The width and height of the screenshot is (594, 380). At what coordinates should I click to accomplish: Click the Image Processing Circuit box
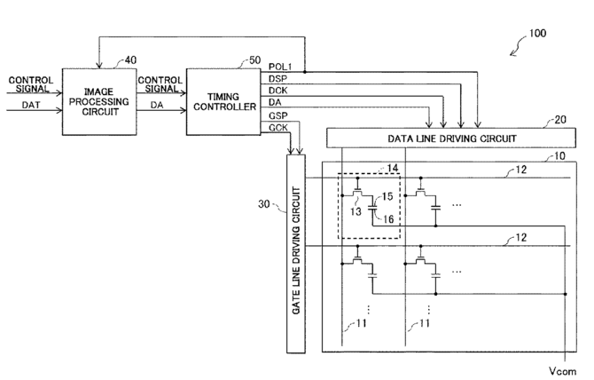point(99,101)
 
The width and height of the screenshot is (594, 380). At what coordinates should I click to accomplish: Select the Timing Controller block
point(223,101)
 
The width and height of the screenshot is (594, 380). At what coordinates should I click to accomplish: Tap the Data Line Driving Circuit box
point(451,138)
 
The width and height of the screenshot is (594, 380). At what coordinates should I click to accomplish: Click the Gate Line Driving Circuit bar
point(296,254)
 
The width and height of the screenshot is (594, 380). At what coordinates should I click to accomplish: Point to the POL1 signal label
point(280,67)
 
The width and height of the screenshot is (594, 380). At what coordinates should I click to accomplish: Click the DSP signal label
point(278,78)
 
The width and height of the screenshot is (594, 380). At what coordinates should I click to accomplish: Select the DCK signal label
point(278,91)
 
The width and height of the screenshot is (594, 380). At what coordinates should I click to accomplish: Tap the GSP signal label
point(278,115)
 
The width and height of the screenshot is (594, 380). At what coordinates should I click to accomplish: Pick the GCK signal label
point(278,128)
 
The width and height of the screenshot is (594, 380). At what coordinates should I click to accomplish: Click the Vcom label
point(563,371)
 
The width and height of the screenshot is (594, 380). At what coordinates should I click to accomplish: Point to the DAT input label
point(31,105)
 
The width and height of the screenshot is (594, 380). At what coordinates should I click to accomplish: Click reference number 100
point(537,34)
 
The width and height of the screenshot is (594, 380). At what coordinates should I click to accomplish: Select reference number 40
point(130,59)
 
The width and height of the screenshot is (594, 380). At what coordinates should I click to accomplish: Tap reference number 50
point(255,60)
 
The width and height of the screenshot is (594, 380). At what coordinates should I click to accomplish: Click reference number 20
point(560,120)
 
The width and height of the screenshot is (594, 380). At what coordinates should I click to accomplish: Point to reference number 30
point(264,204)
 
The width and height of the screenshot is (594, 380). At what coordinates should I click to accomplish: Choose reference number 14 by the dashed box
point(393,168)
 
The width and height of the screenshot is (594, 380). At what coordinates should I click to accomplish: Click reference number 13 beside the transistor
point(356,211)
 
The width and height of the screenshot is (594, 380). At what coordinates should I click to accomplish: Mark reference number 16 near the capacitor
point(388,219)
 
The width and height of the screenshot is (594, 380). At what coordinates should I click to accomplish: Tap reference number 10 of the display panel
point(559,156)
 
